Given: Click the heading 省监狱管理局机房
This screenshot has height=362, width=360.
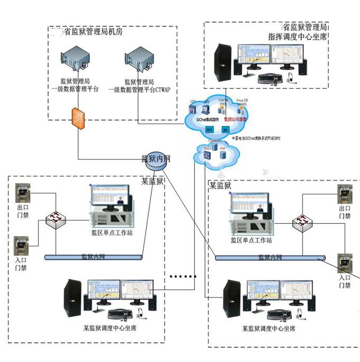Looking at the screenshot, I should (x=93, y=32).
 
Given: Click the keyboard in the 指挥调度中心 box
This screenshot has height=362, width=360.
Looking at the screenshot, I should (x=270, y=79).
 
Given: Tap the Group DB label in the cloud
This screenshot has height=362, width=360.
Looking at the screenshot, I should (x=242, y=101).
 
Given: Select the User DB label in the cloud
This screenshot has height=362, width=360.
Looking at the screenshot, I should (x=223, y=101).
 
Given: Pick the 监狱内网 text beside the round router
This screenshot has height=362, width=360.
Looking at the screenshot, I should (x=157, y=158).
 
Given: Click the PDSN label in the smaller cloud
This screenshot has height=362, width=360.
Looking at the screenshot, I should (x=207, y=149).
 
